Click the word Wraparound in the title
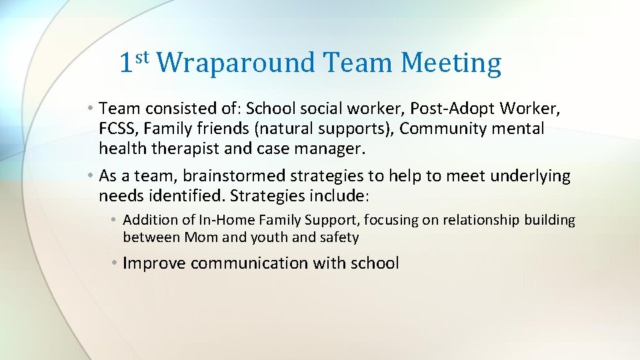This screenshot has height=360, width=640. (x=237, y=63)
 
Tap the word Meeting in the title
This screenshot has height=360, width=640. (x=451, y=63)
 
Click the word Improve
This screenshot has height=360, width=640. (x=154, y=263)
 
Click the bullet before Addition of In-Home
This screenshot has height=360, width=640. (x=115, y=220)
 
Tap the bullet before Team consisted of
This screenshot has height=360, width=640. (x=90, y=107)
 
